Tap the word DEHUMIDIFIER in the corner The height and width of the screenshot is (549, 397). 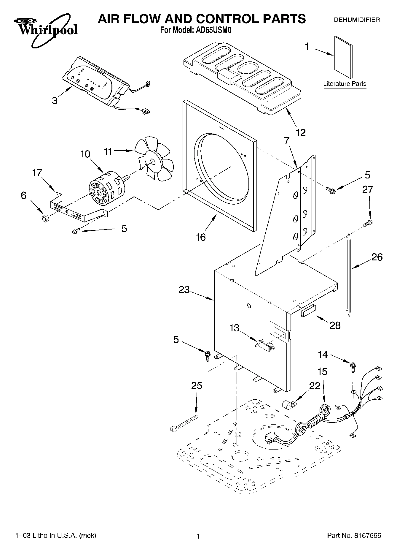point(357,20)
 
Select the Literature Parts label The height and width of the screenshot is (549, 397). point(345,84)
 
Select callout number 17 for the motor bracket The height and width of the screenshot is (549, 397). point(37,173)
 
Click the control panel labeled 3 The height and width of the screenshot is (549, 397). point(94,80)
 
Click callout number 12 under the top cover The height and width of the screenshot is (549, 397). point(300,132)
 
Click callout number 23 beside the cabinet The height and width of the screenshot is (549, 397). point(184,289)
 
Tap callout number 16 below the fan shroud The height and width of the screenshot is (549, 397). point(201,237)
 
